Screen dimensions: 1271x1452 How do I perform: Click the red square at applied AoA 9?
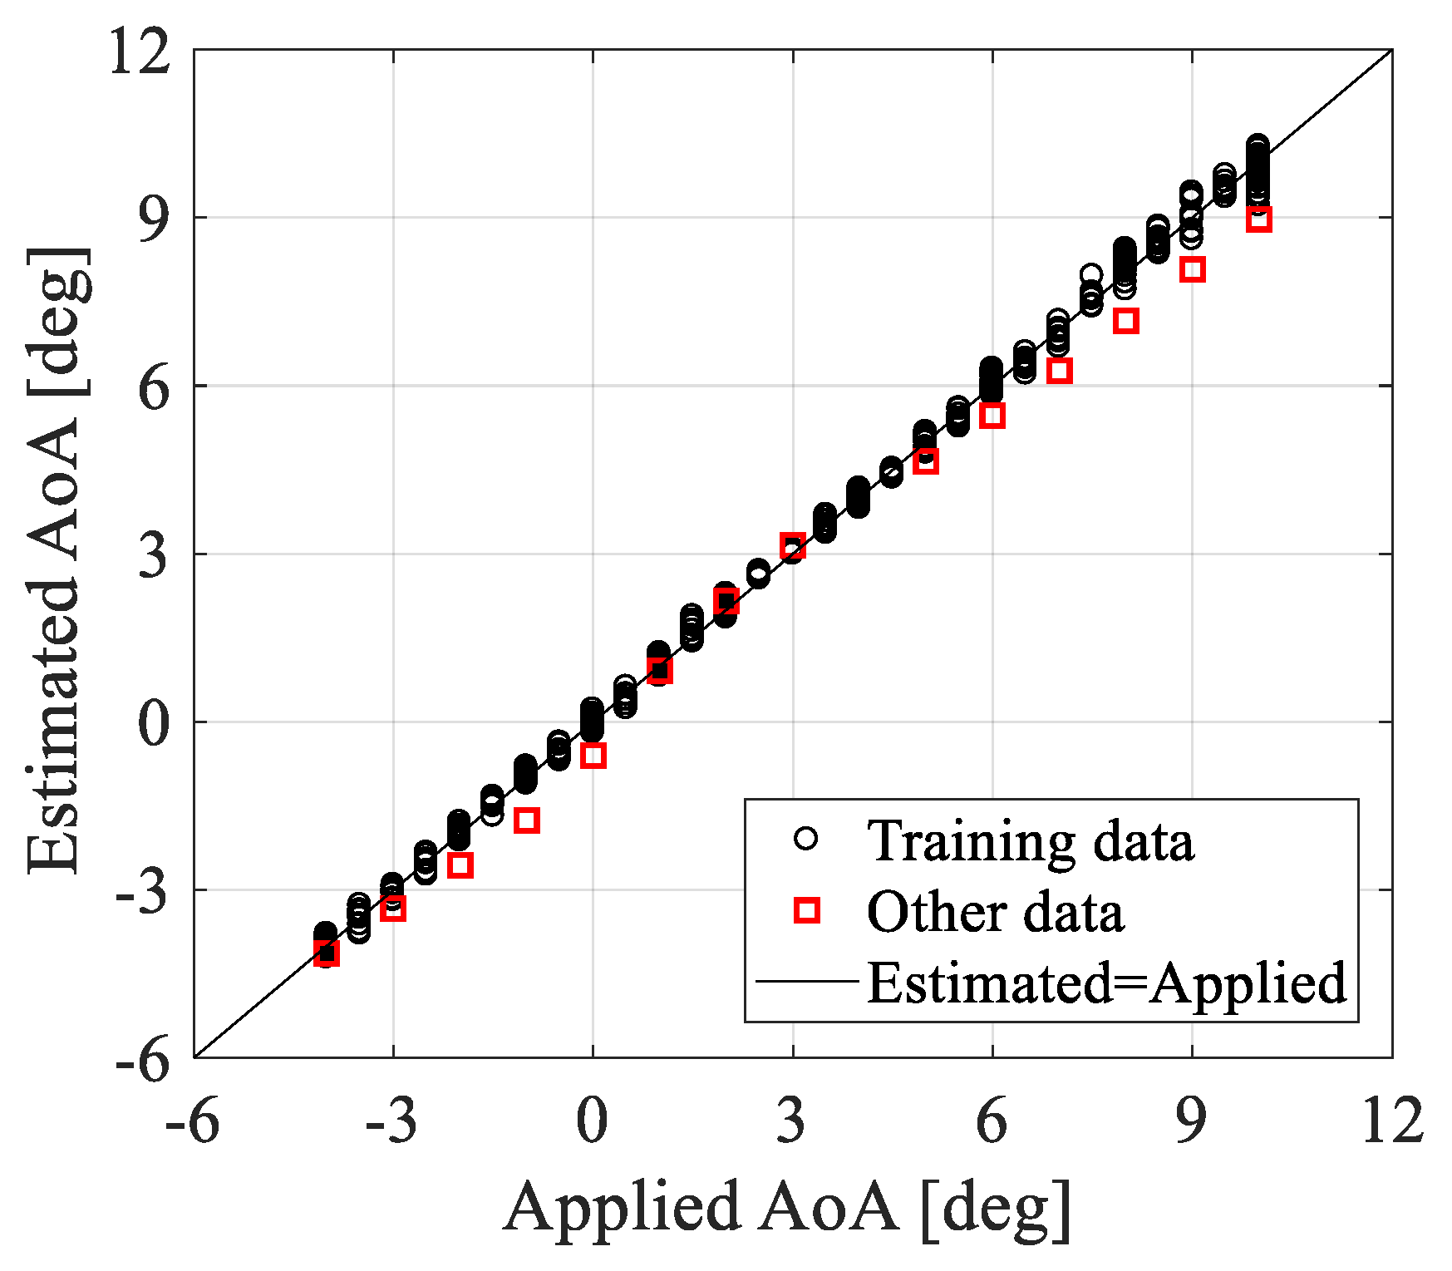(1192, 269)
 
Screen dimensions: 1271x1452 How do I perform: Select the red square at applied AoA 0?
(593, 756)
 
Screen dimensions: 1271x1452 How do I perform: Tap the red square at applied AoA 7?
(1058, 371)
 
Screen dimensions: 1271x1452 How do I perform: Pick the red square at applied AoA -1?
(526, 821)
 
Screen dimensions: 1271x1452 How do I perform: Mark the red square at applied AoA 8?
(1125, 321)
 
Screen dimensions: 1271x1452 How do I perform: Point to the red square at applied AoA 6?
(992, 416)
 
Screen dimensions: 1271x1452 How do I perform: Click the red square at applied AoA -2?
(460, 865)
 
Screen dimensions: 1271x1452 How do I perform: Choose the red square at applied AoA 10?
(1258, 219)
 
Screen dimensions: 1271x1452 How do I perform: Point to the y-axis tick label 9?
(154, 219)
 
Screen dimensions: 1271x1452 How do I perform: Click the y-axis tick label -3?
(143, 890)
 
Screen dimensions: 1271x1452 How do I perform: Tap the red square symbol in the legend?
(806, 911)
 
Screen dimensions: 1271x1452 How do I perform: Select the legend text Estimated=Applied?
(1105, 983)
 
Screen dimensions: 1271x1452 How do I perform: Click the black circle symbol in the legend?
(805, 839)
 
